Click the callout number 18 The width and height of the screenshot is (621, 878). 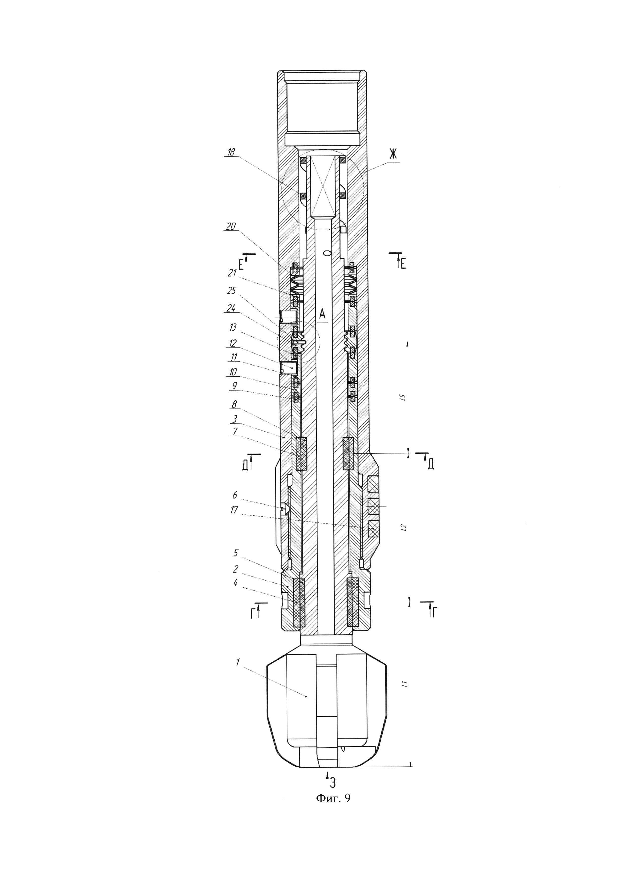coord(231,152)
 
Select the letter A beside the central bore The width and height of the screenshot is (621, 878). coord(322,314)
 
